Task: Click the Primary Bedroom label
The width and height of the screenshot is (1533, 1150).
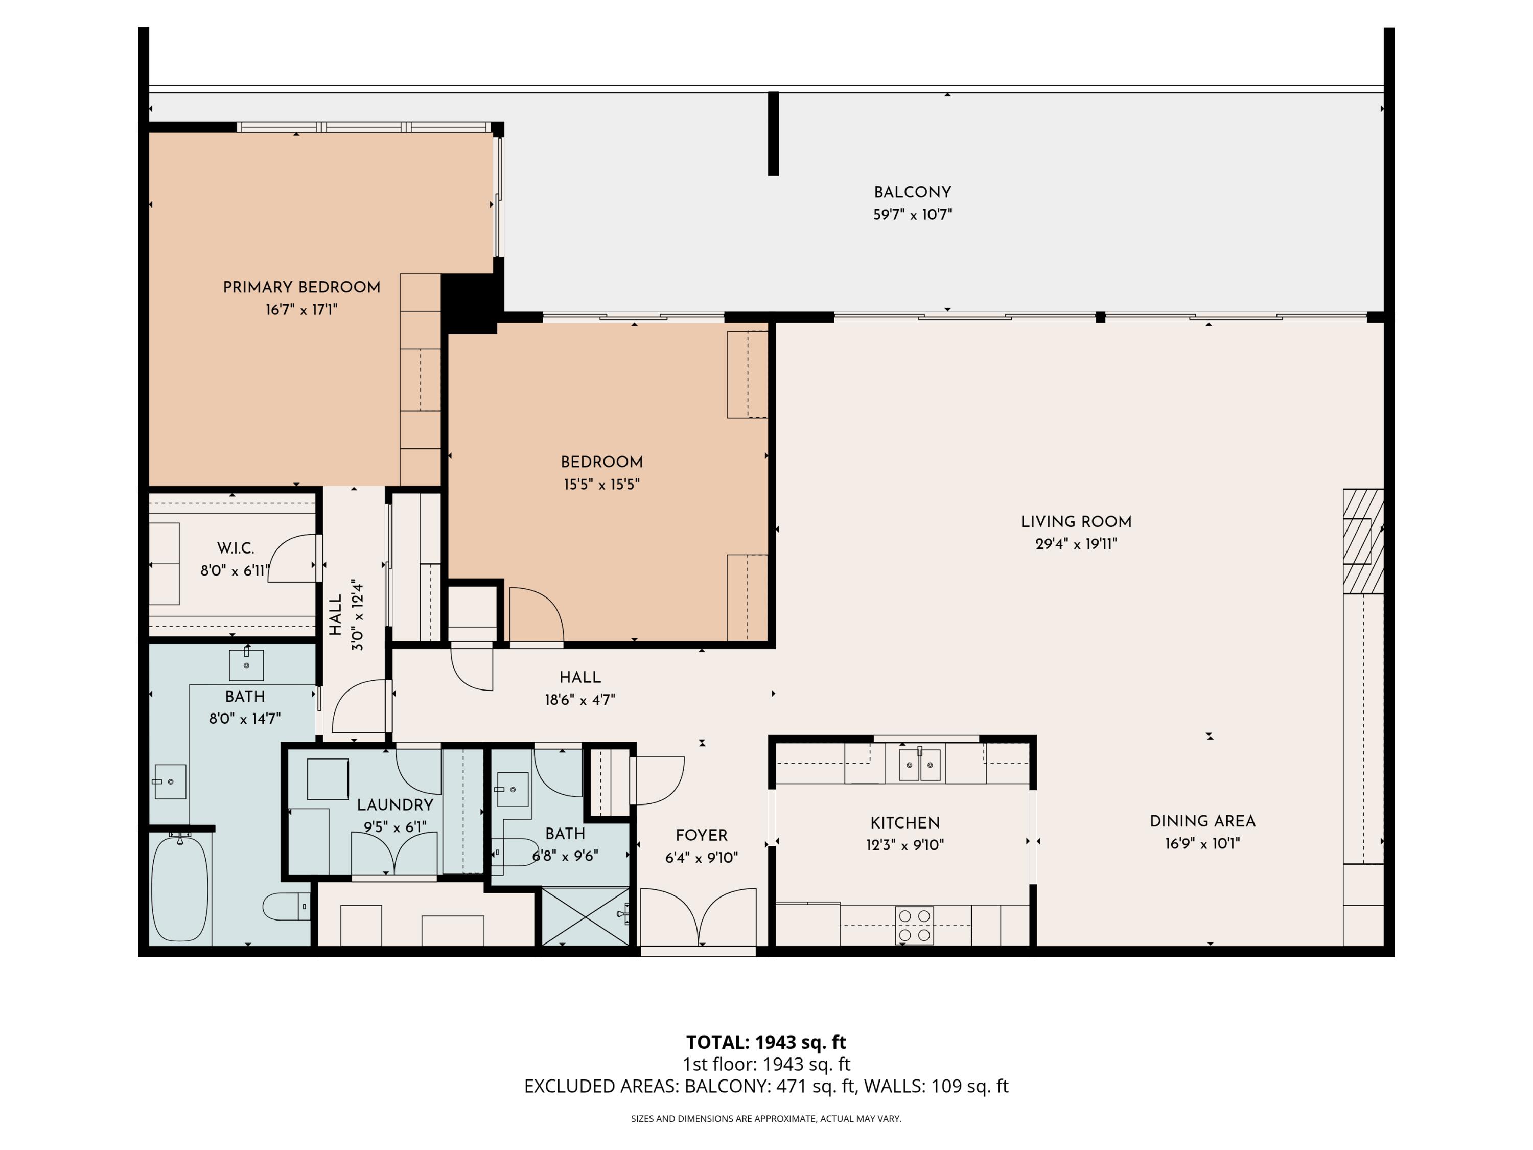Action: pyautogui.click(x=301, y=287)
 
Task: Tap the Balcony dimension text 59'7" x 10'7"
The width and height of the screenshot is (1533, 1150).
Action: pyautogui.click(x=912, y=215)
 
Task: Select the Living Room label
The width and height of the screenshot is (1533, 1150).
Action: pyautogui.click(x=1076, y=521)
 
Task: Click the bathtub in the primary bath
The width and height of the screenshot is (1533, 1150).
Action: pyautogui.click(x=179, y=889)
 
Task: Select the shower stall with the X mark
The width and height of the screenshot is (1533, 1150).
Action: pyautogui.click(x=586, y=916)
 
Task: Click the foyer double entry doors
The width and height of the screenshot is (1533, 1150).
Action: pyautogui.click(x=698, y=916)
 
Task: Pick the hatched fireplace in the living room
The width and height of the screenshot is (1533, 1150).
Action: pyautogui.click(x=1362, y=541)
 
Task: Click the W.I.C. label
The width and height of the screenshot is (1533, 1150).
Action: pyautogui.click(x=236, y=548)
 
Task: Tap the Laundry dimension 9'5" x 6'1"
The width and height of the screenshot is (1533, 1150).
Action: pyautogui.click(x=395, y=827)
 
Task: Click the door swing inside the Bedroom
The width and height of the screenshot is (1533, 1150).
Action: pyautogui.click(x=535, y=615)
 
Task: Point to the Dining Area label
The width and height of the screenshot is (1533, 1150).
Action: pyautogui.click(x=1202, y=821)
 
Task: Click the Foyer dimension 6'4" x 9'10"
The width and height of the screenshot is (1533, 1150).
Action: pyautogui.click(x=702, y=858)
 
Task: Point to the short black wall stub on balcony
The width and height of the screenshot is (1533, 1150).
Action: pyautogui.click(x=774, y=134)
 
